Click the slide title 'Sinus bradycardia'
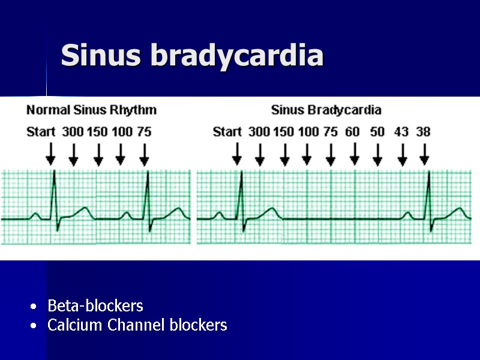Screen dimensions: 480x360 192,56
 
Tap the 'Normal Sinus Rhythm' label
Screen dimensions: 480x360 91,110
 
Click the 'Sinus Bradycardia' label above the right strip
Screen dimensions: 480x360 326,110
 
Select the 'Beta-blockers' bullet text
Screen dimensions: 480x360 95,306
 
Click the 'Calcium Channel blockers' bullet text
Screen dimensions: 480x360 137,326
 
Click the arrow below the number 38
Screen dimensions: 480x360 424,154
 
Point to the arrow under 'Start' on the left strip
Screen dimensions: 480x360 51,154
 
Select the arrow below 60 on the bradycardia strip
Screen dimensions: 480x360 354,154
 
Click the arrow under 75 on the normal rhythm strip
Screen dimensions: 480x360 144,154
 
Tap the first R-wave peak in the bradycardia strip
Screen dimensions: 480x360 241,173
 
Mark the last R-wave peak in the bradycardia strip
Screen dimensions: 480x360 429,173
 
